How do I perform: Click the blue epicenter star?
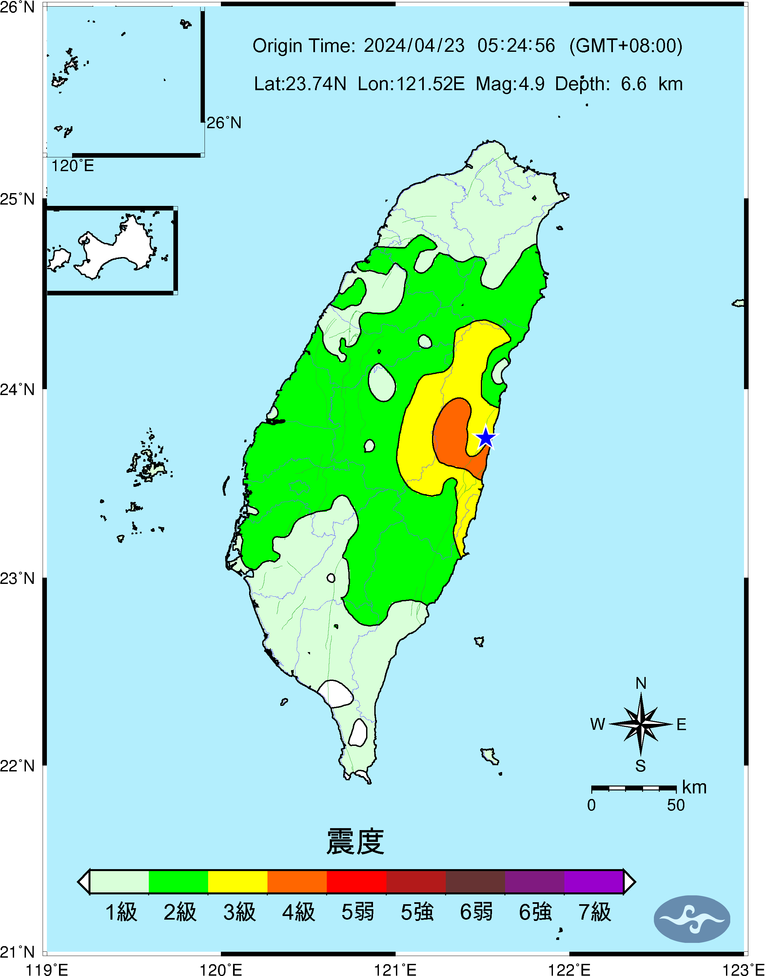point(485,438)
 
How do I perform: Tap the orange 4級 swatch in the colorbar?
point(297,882)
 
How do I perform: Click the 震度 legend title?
point(355,842)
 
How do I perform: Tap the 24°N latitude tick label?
point(17,389)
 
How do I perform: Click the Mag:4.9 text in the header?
point(510,84)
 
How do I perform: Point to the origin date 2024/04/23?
point(414,46)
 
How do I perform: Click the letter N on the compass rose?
point(641,684)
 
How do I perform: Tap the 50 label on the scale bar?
point(676,805)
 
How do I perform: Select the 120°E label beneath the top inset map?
point(72,166)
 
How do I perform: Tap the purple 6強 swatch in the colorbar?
point(534,882)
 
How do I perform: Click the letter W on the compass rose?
point(598,724)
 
